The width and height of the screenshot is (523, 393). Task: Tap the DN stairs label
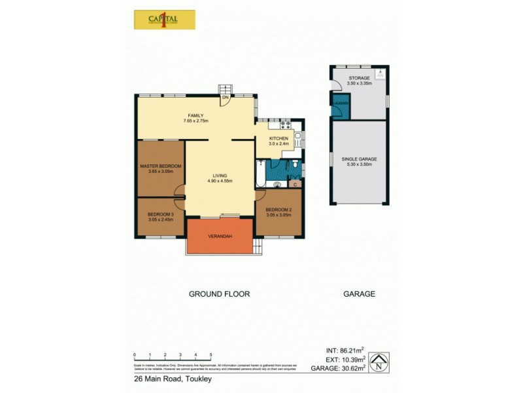[225, 98]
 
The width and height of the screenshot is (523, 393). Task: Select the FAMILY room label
[196, 115]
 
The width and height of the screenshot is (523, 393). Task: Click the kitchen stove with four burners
[285, 124]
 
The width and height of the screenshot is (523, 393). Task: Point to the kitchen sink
[297, 138]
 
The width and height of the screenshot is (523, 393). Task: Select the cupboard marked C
[295, 185]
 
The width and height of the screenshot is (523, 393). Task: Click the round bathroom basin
[277, 185]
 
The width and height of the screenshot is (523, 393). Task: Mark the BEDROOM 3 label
[160, 214]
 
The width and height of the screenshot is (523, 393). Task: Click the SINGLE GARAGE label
[359, 159]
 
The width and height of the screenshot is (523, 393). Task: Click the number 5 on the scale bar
[211, 354]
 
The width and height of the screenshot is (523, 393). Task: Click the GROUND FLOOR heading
[220, 294]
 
